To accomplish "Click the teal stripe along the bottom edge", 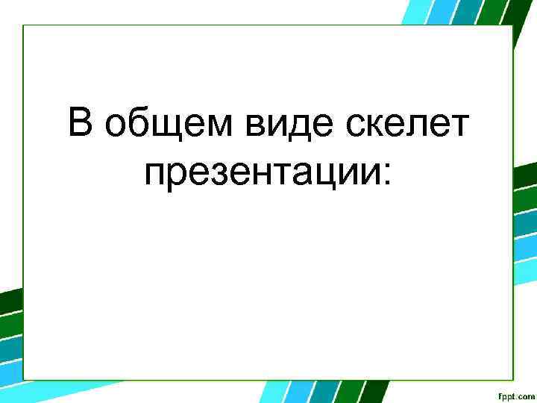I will [321, 392].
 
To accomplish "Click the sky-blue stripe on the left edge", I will [9, 373].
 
